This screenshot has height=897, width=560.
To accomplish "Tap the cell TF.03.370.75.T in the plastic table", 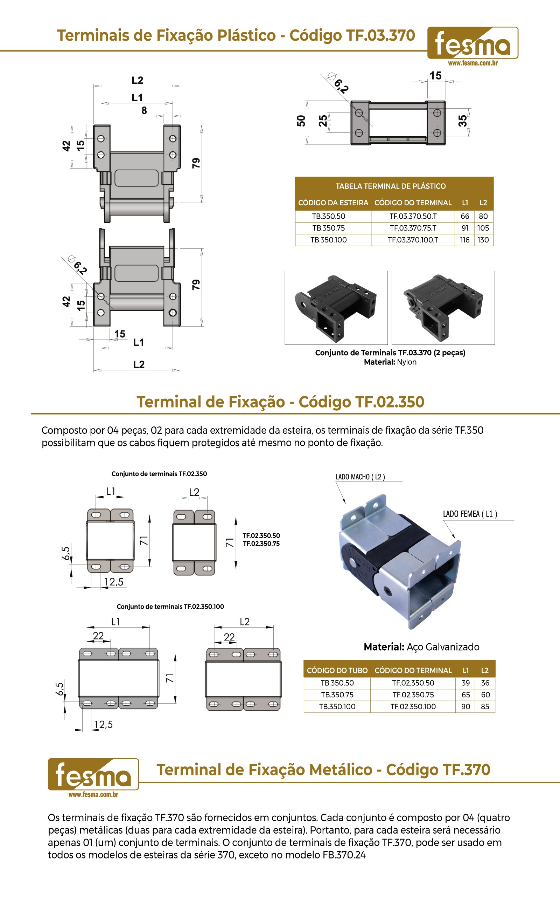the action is [x=413, y=228].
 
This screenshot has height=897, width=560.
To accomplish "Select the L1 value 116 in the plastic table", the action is [x=465, y=240].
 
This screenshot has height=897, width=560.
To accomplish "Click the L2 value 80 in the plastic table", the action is [x=483, y=216].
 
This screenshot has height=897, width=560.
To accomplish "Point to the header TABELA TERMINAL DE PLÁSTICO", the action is [x=391, y=186].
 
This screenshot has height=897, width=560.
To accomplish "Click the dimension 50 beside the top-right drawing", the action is [x=301, y=121].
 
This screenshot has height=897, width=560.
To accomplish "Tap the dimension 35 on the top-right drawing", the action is [x=463, y=121].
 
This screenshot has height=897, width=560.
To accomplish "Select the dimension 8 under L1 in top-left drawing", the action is [x=144, y=110].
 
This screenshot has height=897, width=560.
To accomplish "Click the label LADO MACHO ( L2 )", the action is [x=360, y=477].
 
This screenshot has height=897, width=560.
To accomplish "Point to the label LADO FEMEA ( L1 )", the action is [x=470, y=514].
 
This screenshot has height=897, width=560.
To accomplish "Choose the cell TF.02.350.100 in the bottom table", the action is [x=413, y=706].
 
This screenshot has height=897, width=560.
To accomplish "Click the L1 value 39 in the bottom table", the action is [x=465, y=683].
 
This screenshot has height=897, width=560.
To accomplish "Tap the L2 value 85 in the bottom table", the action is [x=485, y=706].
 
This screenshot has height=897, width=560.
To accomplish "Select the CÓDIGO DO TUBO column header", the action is [x=337, y=671].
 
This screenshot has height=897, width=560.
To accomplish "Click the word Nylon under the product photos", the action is [x=407, y=362].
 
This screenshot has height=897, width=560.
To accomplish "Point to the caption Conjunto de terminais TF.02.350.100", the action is [x=170, y=607].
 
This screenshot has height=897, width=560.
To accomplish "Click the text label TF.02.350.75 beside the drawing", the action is [x=261, y=544].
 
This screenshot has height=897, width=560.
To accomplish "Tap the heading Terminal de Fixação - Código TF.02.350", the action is [x=280, y=402].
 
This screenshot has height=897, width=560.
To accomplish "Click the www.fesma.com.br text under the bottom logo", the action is [x=93, y=794].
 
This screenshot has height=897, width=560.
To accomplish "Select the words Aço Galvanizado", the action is [x=443, y=647].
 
